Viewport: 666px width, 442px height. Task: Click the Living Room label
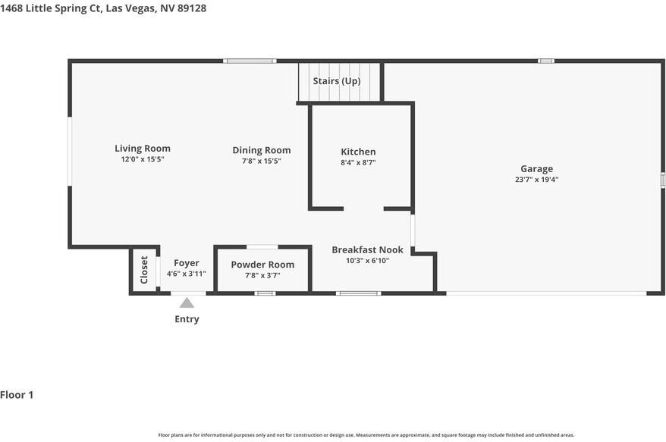pyautogui.click(x=143, y=149)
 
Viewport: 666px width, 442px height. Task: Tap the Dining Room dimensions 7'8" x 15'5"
pyautogui.click(x=261, y=161)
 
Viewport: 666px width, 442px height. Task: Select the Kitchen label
pyautogui.click(x=358, y=152)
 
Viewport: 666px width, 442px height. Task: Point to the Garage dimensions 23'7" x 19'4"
pyautogui.click(x=536, y=180)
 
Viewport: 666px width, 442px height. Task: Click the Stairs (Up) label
pyautogui.click(x=337, y=81)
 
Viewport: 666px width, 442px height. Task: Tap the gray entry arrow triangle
pyautogui.click(x=187, y=303)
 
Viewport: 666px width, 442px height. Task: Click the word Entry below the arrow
pyautogui.click(x=187, y=319)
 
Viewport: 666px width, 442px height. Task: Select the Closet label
pyautogui.click(x=144, y=270)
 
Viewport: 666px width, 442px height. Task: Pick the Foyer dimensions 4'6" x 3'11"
pyautogui.click(x=186, y=274)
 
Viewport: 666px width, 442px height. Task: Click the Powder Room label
pyautogui.click(x=262, y=265)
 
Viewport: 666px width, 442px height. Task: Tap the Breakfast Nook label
pyautogui.click(x=367, y=249)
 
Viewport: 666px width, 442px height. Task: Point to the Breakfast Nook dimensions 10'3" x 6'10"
pyautogui.click(x=367, y=261)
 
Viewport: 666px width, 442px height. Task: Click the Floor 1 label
pyautogui.click(x=17, y=395)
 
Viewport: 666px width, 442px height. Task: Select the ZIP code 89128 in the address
pyautogui.click(x=192, y=8)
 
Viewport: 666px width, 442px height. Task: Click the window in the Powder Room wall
pyautogui.click(x=265, y=293)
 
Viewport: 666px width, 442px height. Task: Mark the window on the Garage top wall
pyautogui.click(x=546, y=61)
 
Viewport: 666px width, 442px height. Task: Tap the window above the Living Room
pyautogui.click(x=250, y=61)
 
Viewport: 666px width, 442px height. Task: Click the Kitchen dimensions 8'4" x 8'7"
pyautogui.click(x=358, y=162)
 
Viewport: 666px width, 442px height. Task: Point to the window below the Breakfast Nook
pyautogui.click(x=359, y=293)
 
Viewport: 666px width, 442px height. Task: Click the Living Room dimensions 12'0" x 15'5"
pyautogui.click(x=143, y=159)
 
